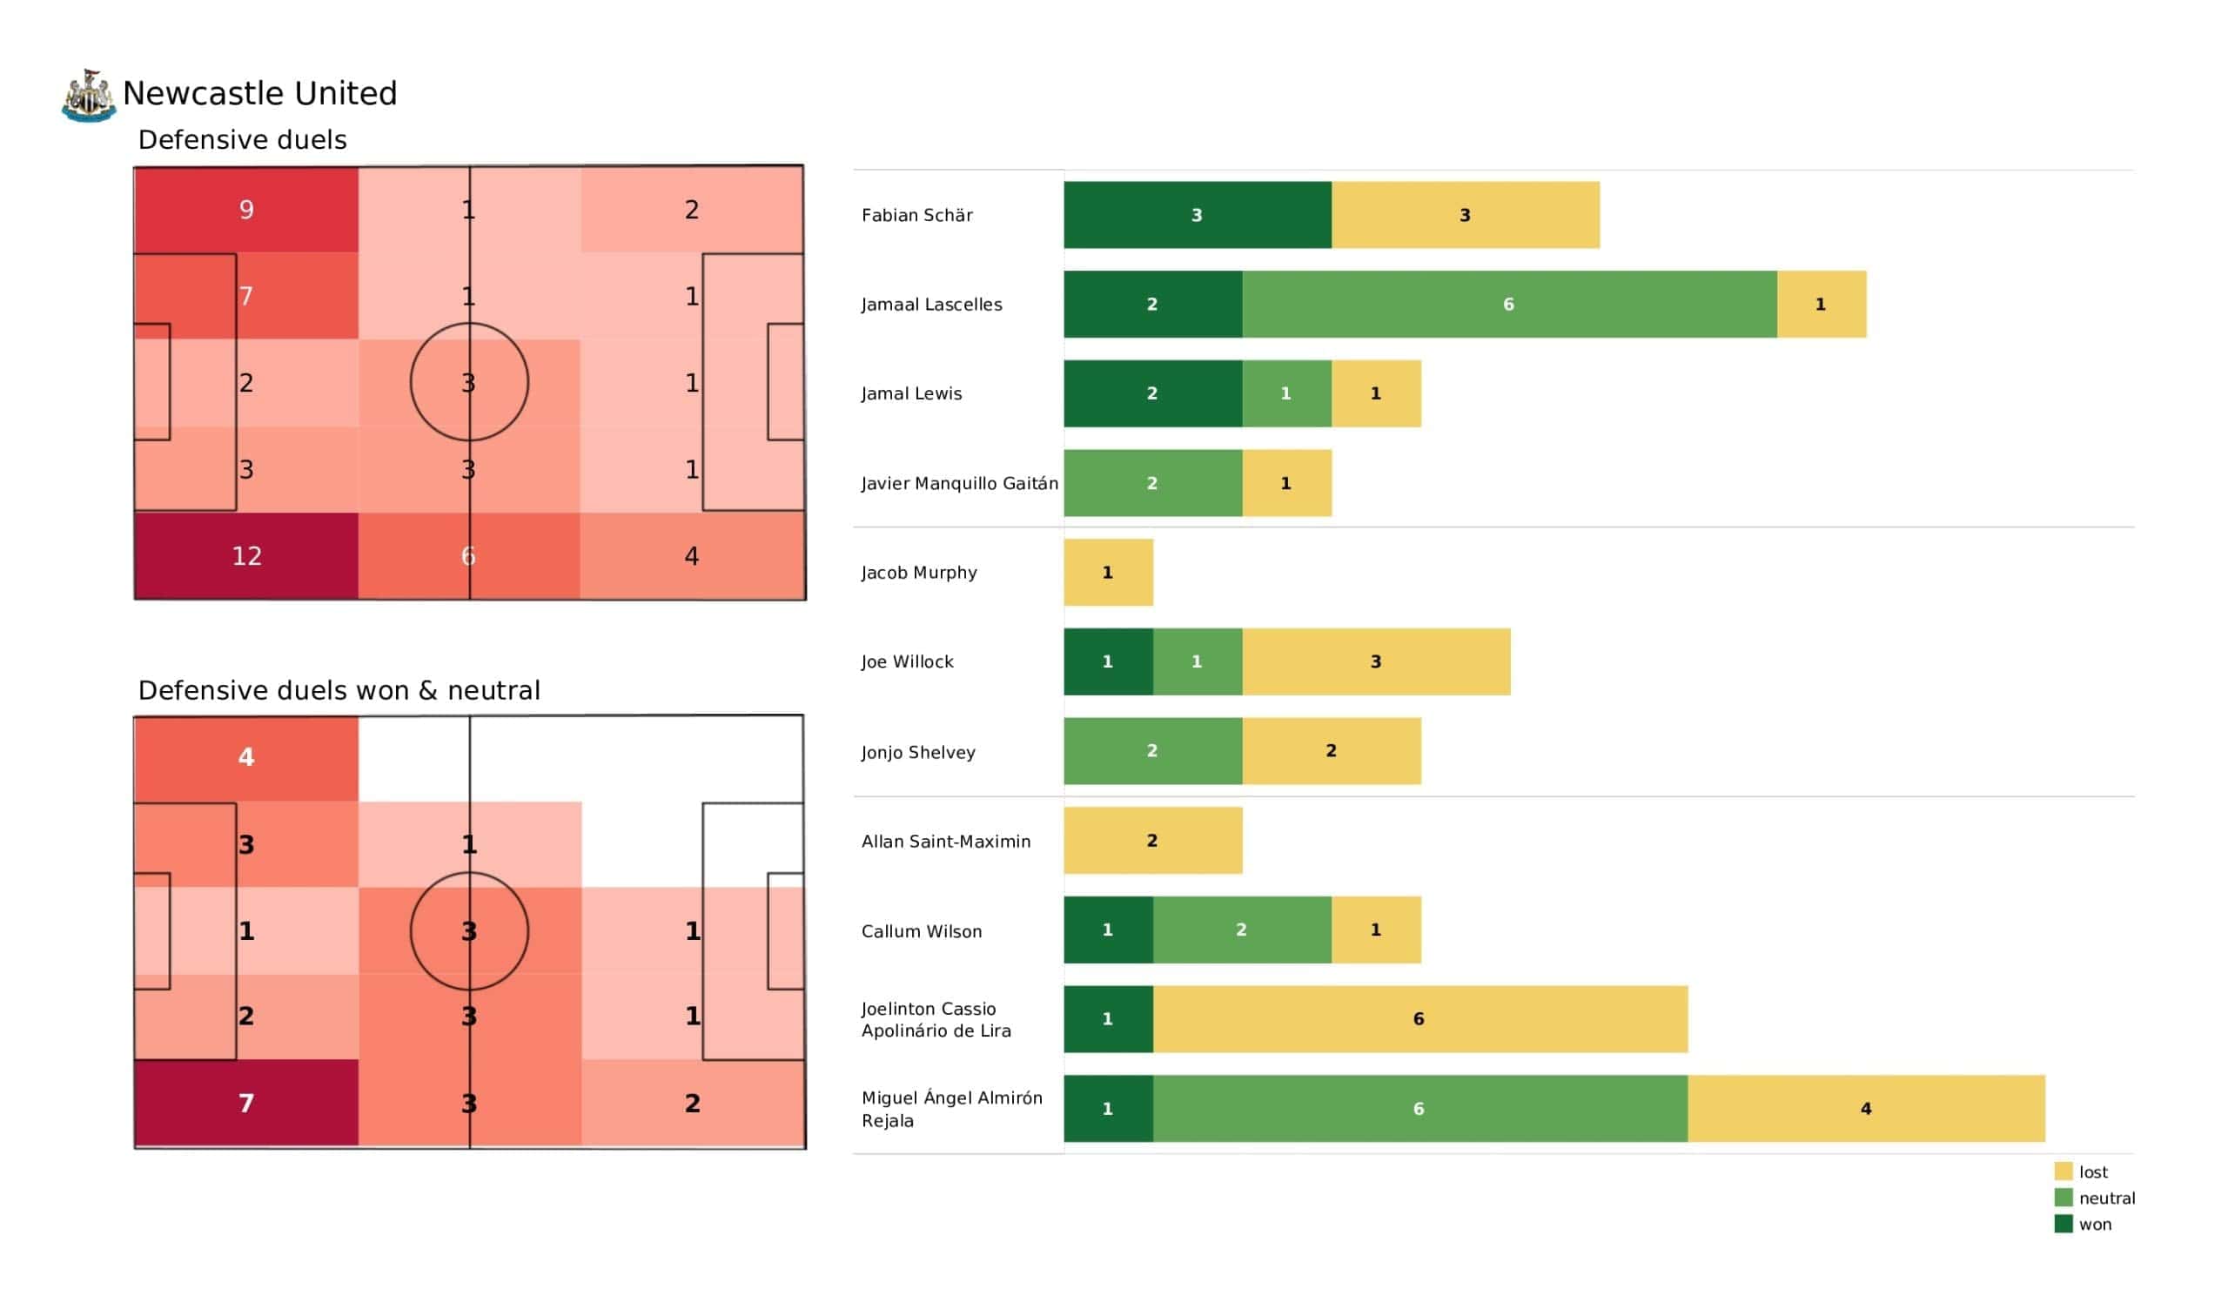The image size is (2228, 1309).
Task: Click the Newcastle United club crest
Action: pyautogui.click(x=89, y=96)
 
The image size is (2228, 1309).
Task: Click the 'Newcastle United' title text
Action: pyautogui.click(x=260, y=94)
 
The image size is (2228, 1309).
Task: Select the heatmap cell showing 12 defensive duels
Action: pyautogui.click(x=245, y=556)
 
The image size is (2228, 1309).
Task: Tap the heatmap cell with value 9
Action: pyautogui.click(x=245, y=210)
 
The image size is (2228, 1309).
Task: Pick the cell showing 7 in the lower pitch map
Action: pyautogui.click(x=245, y=1104)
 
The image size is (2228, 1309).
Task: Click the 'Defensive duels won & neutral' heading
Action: pyautogui.click(x=339, y=691)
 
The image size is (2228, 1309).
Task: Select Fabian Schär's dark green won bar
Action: pyautogui.click(x=1197, y=215)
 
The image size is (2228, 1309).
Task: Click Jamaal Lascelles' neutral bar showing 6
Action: pyautogui.click(x=1509, y=305)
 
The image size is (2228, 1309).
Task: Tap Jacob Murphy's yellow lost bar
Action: pyautogui.click(x=1108, y=572)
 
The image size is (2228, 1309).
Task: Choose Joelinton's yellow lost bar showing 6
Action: pyautogui.click(x=1419, y=1019)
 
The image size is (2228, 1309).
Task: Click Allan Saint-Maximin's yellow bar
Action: pyautogui.click(x=1152, y=840)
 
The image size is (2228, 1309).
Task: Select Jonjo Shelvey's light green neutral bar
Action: pyautogui.click(x=1152, y=751)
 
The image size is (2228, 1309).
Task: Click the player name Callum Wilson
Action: pyautogui.click(x=922, y=931)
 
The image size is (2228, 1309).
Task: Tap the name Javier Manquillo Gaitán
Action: pyautogui.click(x=959, y=483)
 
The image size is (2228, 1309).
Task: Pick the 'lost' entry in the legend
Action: pyautogui.click(x=2092, y=1171)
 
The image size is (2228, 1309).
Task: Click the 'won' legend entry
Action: pyautogui.click(x=2094, y=1225)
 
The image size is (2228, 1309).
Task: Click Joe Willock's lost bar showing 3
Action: pyautogui.click(x=1376, y=661)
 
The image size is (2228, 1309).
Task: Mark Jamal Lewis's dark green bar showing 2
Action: pyautogui.click(x=1152, y=393)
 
